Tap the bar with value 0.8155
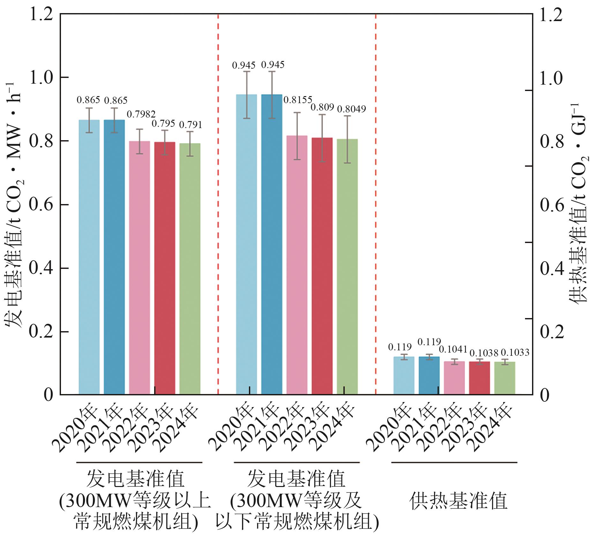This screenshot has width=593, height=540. click(x=297, y=265)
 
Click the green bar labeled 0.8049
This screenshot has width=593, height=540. click(x=347, y=267)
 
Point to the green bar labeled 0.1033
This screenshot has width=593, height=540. click(x=505, y=378)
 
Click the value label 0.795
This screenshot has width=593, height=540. click(x=163, y=123)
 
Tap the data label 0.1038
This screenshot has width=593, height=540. click(x=484, y=353)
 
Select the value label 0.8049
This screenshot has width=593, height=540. click(x=351, y=109)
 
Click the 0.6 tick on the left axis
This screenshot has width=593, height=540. click(x=41, y=205)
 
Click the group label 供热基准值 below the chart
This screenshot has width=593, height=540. click(x=458, y=500)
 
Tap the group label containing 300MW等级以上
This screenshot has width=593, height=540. click(x=135, y=500)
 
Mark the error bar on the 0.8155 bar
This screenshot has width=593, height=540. click(x=297, y=136)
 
